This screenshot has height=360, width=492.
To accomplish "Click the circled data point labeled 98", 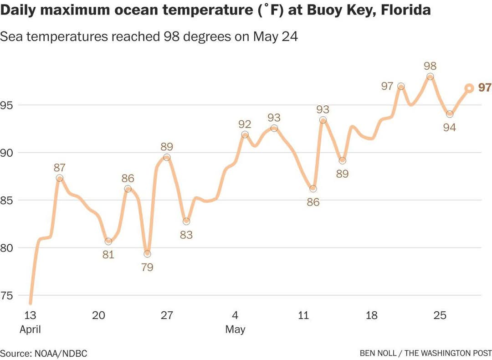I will tap(430, 77).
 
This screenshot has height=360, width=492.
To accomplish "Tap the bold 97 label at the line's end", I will tap(485, 88).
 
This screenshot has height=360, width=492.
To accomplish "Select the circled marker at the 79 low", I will tap(147, 254).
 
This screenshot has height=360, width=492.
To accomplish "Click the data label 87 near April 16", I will tap(60, 167).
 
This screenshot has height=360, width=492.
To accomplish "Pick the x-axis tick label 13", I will tap(30, 315).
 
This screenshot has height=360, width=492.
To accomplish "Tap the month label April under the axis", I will tap(30, 329).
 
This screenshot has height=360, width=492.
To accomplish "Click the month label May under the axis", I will tap(235, 329).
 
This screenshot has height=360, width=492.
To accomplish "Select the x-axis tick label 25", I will tap(440, 315).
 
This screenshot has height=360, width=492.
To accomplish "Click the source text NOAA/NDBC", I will tap(60, 353).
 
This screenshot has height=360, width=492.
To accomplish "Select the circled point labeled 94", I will tap(450, 114).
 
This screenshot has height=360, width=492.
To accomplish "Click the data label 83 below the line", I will tap(186, 235).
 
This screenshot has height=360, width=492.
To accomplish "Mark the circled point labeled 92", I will tap(245, 134).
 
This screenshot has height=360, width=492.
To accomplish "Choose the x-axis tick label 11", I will tap(303, 315).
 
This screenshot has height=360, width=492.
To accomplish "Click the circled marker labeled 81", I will tap(108, 242).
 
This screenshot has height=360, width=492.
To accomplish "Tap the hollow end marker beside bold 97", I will tap(469, 88).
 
